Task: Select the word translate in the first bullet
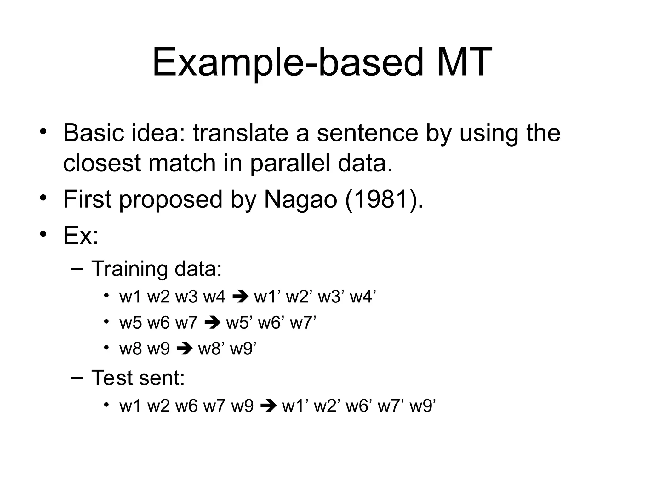click(241, 133)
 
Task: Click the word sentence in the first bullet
click(367, 133)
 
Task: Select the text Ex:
click(81, 235)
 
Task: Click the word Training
click(129, 269)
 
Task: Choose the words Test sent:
click(138, 377)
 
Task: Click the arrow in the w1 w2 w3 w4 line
click(240, 297)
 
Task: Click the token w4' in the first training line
click(363, 297)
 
